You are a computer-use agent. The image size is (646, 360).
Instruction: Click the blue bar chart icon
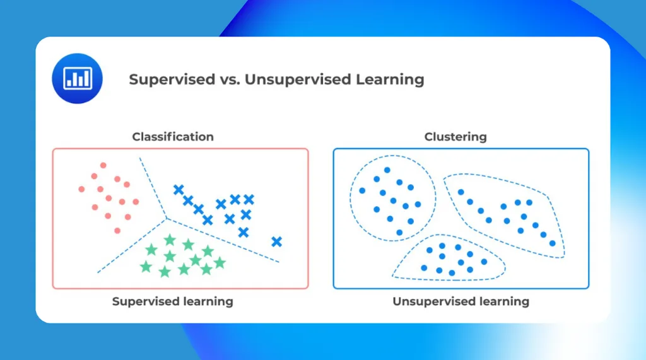coord(77,78)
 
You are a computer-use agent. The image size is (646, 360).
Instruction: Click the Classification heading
coord(173,137)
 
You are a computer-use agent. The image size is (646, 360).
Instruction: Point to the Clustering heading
coord(455,137)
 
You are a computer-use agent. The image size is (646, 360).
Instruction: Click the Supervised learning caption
coord(172,301)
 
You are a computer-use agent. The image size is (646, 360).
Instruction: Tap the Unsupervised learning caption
coord(461,301)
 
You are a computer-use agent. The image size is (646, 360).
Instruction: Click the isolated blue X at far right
coord(276,241)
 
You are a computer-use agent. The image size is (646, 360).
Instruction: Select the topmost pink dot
coord(103,166)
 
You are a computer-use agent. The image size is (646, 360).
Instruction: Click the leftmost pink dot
coord(81,189)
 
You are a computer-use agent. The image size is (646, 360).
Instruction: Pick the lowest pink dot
coord(117,230)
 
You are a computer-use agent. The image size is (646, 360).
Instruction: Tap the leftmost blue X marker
coord(179,189)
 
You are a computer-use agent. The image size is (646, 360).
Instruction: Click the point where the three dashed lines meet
coord(167,219)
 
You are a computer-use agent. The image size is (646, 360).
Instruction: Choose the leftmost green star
coord(146,266)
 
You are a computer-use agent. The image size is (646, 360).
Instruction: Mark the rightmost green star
coord(220,262)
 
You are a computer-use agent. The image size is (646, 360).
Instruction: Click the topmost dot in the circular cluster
coord(387,170)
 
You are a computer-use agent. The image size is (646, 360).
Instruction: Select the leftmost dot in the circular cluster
coord(362,190)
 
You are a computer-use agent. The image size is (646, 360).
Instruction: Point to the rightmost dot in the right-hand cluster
coord(553,243)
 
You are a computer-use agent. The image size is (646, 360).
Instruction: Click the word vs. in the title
coord(227,80)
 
